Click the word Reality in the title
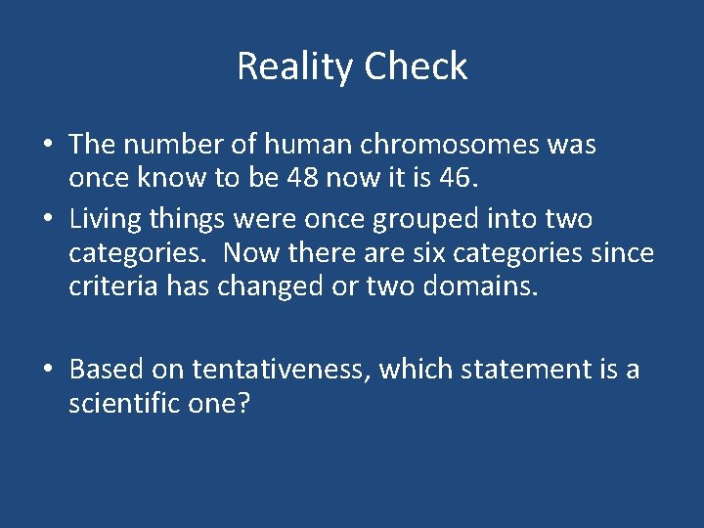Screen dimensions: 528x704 coord(295,66)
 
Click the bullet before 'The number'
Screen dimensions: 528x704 coord(48,146)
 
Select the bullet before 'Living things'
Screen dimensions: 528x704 coord(48,218)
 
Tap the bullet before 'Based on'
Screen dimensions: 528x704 coord(48,371)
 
